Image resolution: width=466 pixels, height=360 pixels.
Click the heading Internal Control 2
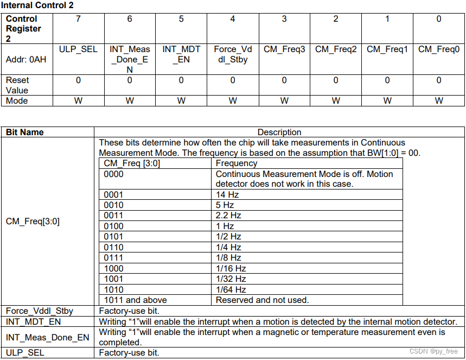(x=37, y=5)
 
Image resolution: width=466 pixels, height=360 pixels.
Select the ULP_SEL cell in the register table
(x=78, y=49)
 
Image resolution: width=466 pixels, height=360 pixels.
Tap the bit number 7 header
(x=78, y=19)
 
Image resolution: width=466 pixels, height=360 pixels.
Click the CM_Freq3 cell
(x=284, y=49)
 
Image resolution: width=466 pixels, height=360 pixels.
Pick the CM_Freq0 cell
(x=438, y=49)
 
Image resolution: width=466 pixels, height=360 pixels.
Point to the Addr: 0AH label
(x=26, y=59)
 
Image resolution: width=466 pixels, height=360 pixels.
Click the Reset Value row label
(x=17, y=85)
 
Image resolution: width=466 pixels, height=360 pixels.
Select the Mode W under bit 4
(x=233, y=100)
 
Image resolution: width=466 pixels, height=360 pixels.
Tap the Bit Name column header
(x=25, y=132)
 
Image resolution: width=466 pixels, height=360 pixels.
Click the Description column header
(x=279, y=132)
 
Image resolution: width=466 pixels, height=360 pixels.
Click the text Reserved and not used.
(x=262, y=300)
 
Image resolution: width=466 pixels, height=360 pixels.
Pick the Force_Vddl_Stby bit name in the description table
(x=39, y=311)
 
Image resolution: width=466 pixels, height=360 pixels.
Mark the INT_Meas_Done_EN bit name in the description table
(x=47, y=337)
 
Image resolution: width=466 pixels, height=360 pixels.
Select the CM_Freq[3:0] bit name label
(x=33, y=222)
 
